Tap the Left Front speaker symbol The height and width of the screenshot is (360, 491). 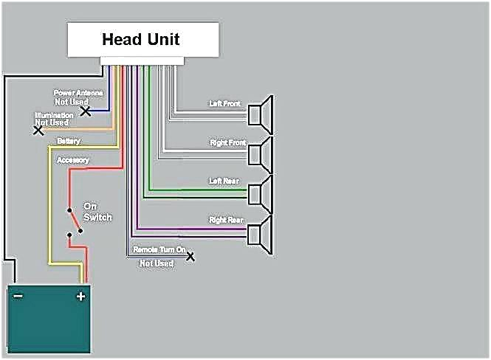click(x=261, y=115)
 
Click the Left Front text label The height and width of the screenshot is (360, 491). click(x=225, y=104)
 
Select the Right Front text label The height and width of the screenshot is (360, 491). click(x=227, y=142)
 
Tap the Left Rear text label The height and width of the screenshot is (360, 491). click(x=225, y=181)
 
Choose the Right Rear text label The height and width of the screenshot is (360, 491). click(x=227, y=220)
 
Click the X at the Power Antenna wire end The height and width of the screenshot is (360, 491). click(x=86, y=111)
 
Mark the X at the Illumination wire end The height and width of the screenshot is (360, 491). click(x=38, y=131)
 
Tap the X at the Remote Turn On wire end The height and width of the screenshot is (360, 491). click(x=190, y=257)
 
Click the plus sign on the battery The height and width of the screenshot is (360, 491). click(x=80, y=297)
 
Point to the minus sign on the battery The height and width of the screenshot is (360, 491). click(x=18, y=297)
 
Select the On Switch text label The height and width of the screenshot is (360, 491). click(x=97, y=212)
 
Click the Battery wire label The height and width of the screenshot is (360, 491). click(x=69, y=141)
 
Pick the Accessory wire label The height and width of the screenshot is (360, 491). click(x=72, y=160)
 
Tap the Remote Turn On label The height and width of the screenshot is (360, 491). click(x=158, y=250)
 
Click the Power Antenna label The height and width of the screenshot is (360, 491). click(x=78, y=94)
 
